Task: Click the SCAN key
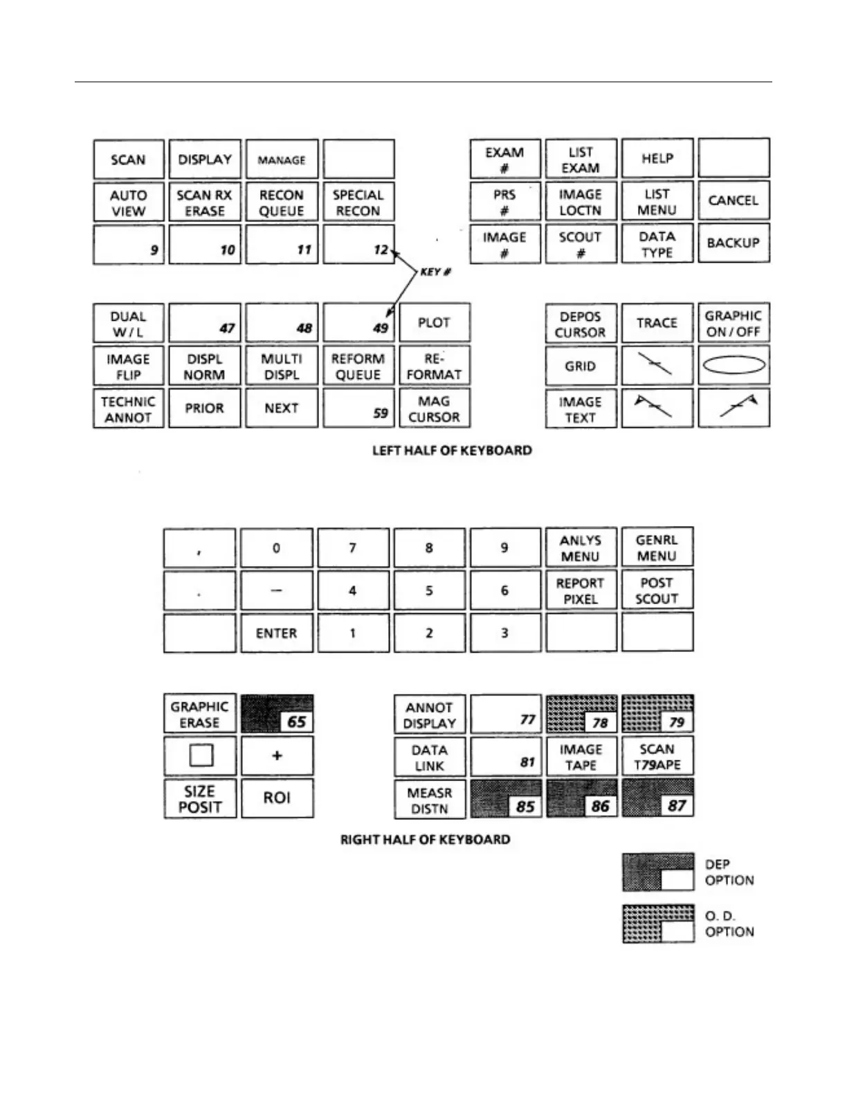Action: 129,160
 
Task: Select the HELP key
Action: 657,158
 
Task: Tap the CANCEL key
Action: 733,200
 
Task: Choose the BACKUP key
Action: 733,243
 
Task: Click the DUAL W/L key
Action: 129,324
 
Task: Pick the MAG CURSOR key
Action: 434,409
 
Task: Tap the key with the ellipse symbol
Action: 734,365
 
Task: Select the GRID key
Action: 580,366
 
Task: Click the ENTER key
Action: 276,633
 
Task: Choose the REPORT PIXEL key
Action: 580,590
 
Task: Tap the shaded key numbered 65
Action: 277,714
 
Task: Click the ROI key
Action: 277,798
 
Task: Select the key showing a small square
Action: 200,756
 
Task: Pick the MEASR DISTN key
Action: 430,800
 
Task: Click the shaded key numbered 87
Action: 657,798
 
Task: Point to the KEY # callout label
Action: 435,272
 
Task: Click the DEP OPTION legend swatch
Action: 658,872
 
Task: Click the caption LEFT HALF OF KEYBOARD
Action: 452,451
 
